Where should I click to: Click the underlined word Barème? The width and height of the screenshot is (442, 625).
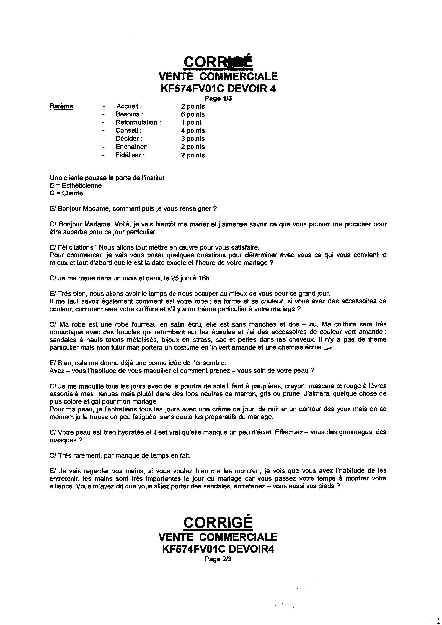(61, 106)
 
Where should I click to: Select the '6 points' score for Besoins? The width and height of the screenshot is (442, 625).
(193, 114)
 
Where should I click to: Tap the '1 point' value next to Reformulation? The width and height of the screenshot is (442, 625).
(191, 122)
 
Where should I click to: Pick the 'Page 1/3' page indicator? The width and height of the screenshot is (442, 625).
(218, 98)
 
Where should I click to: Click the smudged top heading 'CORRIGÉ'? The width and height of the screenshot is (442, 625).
(218, 62)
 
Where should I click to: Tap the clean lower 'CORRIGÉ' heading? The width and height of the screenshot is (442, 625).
(218, 522)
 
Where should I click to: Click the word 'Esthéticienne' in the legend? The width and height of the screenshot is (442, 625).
(82, 185)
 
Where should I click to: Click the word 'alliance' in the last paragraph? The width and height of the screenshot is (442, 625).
(60, 486)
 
